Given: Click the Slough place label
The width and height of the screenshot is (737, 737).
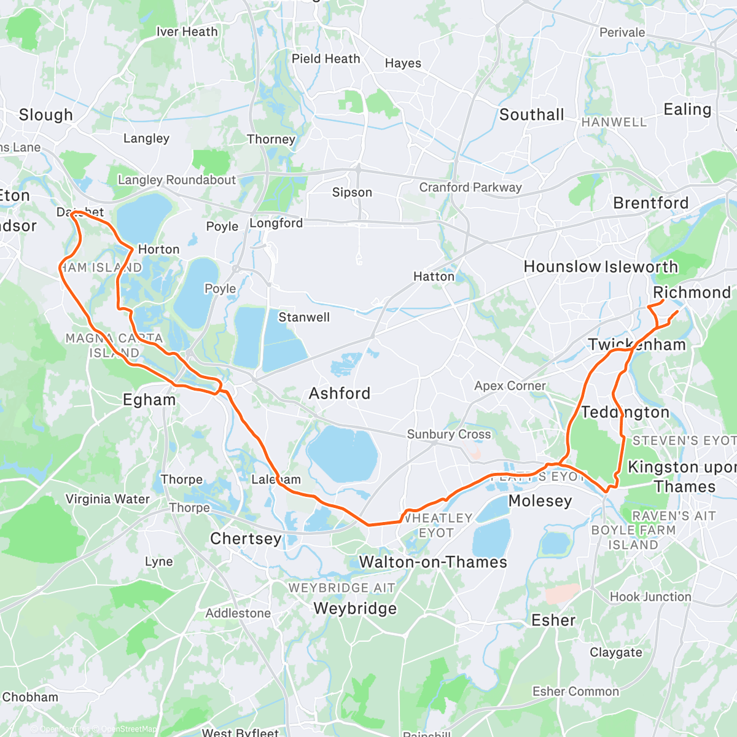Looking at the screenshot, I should tap(46, 115).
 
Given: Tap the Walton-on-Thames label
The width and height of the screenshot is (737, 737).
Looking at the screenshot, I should tap(433, 562).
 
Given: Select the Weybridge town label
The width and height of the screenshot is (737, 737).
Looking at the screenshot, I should tap(355, 609).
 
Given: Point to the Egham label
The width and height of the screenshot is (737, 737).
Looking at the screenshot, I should tap(149, 400).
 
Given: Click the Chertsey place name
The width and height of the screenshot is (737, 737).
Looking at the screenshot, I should tap(246, 539).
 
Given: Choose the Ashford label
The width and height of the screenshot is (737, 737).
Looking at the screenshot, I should tap(340, 393).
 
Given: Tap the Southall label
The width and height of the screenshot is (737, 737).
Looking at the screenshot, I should tap(531, 115).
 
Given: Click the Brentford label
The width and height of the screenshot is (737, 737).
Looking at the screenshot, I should tap(651, 203).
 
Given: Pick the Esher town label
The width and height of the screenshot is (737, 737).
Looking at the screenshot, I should tap(553, 620).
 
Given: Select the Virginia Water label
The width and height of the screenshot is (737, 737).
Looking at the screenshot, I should tap(107, 499).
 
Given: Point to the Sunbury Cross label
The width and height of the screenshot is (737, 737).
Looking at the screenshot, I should tap(449, 434).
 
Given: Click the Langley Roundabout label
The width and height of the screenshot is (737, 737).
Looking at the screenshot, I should tap(177, 180).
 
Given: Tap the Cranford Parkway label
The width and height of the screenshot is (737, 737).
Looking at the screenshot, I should tap(470, 187).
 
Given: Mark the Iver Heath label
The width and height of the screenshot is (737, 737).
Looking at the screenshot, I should tap(187, 32).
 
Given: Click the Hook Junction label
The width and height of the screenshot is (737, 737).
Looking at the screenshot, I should tap(650, 596).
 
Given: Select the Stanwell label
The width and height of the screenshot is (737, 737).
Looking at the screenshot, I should tap(304, 318).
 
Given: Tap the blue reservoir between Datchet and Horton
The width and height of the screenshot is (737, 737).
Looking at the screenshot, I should tap(144, 218).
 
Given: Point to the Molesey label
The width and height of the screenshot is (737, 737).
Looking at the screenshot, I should tap(540, 501).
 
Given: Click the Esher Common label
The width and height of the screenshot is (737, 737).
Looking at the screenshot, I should tap(575, 692).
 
